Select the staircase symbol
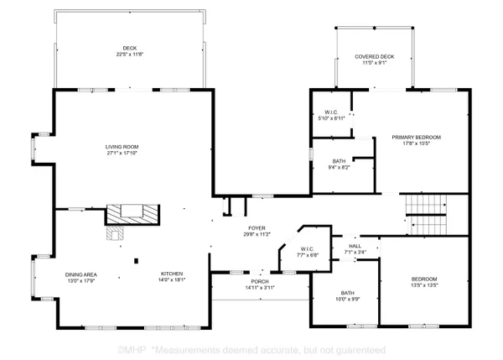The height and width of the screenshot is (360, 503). pyautogui.click(x=423, y=215)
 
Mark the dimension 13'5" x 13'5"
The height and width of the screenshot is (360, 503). pyautogui.click(x=423, y=284)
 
